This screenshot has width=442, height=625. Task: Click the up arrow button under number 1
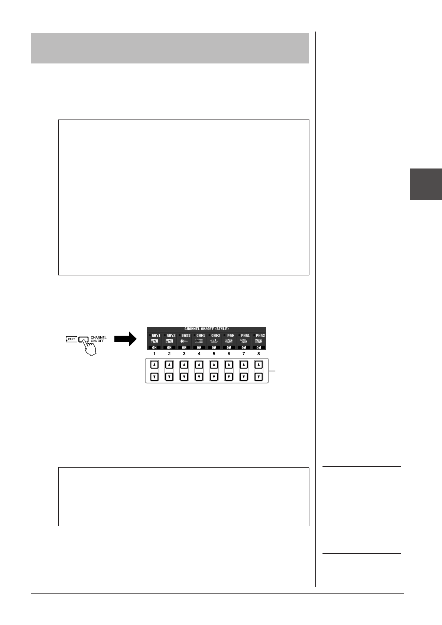point(154,365)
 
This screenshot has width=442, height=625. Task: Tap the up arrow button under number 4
point(199,365)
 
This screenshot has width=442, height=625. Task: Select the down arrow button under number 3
point(184,377)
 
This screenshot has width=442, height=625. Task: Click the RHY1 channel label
point(156,336)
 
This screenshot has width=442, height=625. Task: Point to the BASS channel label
point(186,336)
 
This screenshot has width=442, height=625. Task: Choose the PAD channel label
point(230,336)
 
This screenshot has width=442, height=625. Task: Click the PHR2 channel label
point(260,336)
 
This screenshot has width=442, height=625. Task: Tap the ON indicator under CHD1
point(199,347)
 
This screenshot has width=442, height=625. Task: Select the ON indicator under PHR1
point(244,347)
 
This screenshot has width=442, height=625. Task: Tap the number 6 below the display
point(229,354)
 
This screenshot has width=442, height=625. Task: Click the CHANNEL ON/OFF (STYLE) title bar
point(207,329)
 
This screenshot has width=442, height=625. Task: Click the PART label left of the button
point(71,339)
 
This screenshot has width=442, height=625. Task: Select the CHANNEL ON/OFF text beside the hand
point(98,339)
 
